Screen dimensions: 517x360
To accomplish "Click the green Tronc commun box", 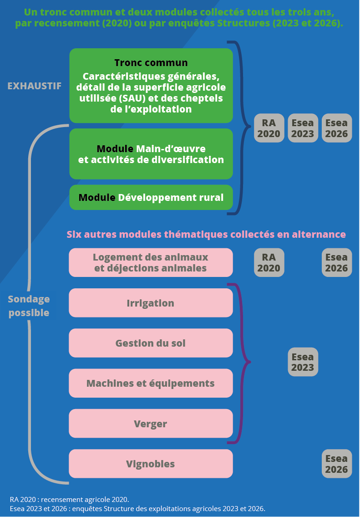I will tap(151, 86).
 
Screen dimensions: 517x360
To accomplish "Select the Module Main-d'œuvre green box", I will tap(151, 154).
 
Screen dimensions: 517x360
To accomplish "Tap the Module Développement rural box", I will tap(151, 198).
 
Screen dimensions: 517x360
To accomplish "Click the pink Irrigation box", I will tap(151, 303).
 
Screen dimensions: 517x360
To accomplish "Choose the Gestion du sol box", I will tap(151, 343).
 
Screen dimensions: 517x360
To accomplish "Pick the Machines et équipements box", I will tap(151, 383).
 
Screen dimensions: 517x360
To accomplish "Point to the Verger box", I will tap(151, 424).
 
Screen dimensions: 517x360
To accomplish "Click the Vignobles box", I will tap(151, 464).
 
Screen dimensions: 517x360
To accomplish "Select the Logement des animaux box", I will tap(151, 262).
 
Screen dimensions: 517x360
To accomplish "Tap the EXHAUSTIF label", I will tap(35, 86).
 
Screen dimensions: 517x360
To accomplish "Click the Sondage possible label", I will tap(29, 306).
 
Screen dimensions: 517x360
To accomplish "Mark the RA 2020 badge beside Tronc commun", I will tap(269, 128).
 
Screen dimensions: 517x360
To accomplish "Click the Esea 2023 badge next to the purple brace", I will tap(303, 362).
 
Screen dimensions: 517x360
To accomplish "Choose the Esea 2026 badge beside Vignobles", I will tap(336, 464).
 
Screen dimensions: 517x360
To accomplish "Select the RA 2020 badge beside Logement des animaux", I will tap(269, 262).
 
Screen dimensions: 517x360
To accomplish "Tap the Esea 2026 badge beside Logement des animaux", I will tap(336, 262).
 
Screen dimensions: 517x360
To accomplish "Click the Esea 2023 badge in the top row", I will tap(303, 128).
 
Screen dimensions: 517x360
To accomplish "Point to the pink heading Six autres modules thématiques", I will tap(206, 234).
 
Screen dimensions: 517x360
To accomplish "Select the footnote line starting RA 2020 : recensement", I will tap(70, 499).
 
